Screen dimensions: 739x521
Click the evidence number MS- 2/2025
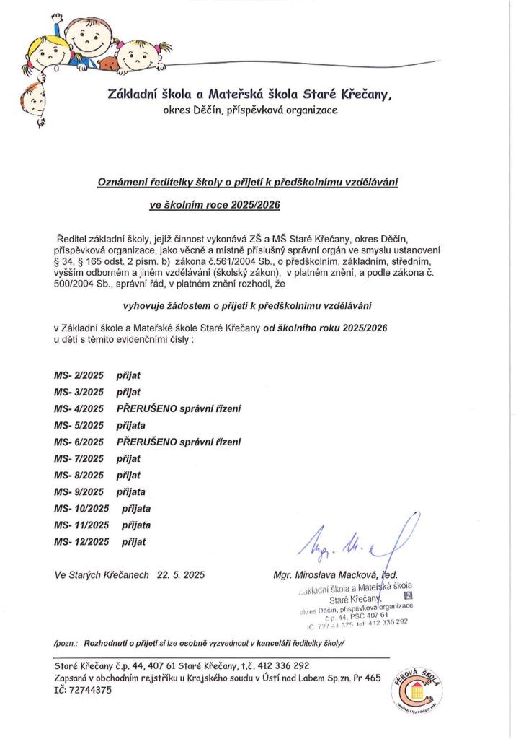79,375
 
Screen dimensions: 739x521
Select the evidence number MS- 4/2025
79,408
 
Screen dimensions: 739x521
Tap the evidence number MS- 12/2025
81,541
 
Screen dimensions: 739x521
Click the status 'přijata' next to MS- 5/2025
130,425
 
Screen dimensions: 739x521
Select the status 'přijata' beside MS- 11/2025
136,525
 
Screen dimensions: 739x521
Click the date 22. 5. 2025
179,575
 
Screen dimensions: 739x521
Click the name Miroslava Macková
331,575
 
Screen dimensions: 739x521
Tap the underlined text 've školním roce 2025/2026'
214,205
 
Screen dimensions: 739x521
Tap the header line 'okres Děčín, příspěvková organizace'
250,111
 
